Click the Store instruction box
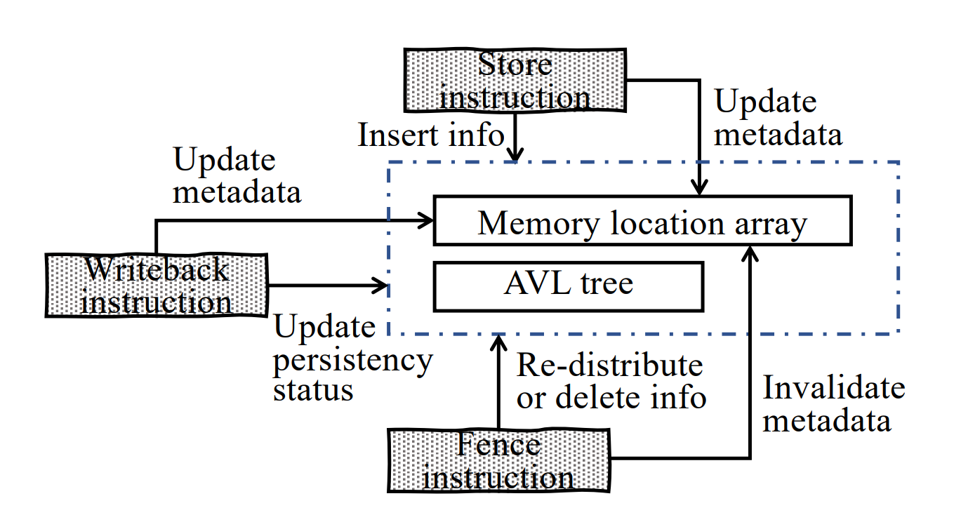click(x=515, y=79)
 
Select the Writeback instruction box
click(x=157, y=286)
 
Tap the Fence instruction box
click(x=498, y=461)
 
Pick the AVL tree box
click(x=569, y=286)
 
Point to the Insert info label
click(x=431, y=134)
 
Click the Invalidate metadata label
click(x=833, y=404)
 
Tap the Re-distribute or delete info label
click(x=611, y=381)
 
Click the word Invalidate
click(x=834, y=388)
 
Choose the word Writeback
click(x=157, y=269)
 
